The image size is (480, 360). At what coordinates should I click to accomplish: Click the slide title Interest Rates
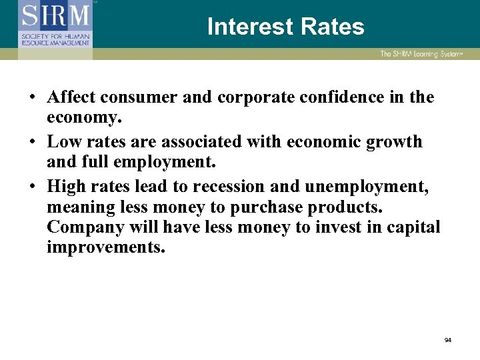click(285, 27)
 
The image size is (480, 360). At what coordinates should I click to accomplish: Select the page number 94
click(448, 340)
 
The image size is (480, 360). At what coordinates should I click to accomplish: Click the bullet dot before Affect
click(33, 98)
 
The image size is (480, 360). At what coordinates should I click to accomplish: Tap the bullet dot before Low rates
click(33, 143)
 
